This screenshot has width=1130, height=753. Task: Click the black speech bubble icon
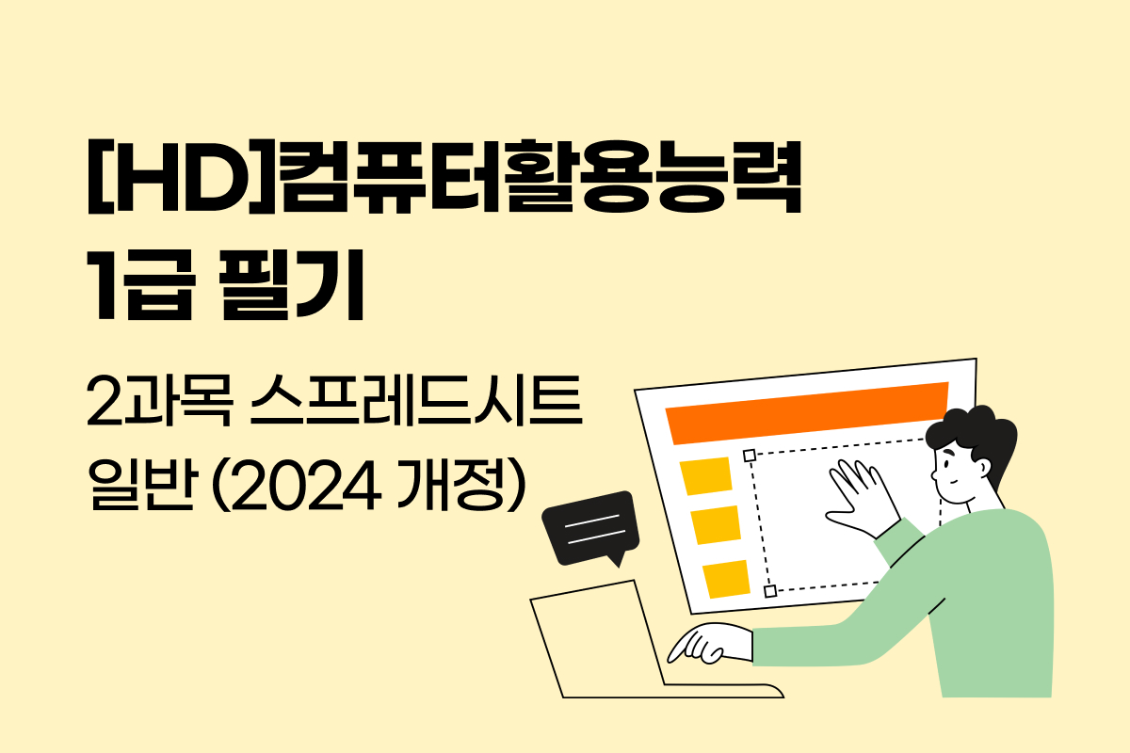[x=591, y=527]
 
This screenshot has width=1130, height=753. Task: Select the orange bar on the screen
[x=806, y=414]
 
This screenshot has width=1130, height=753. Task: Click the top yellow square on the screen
[x=707, y=476]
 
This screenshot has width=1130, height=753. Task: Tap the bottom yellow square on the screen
[x=726, y=578]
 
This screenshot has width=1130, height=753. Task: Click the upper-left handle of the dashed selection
[x=750, y=457]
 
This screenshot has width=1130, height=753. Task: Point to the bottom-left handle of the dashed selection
[x=770, y=591]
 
